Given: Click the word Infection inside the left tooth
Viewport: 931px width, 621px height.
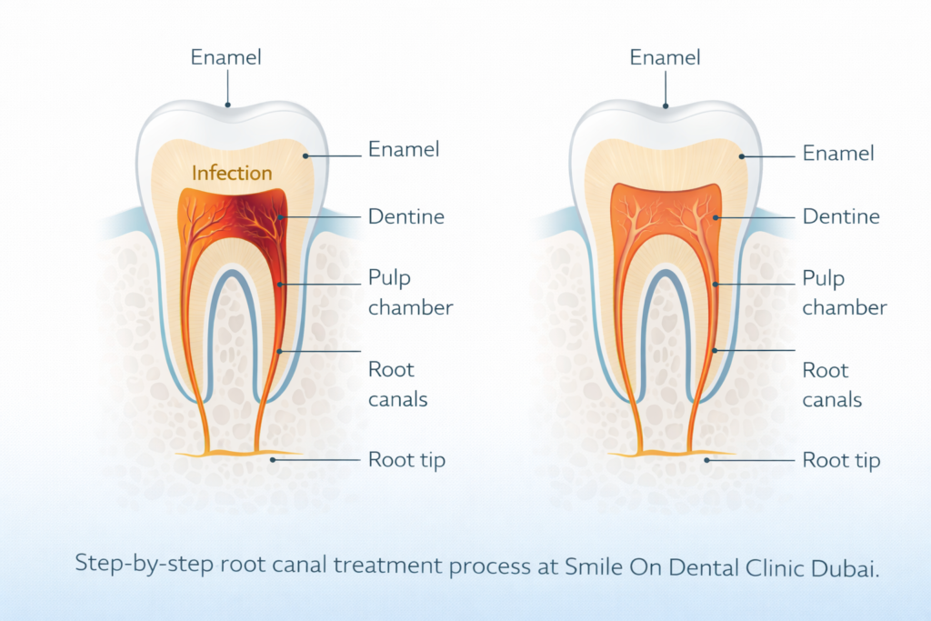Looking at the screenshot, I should point(232,172).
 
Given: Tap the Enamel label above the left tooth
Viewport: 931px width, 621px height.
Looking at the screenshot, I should point(226,57).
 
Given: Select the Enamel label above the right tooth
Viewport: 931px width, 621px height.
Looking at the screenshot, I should point(666,57).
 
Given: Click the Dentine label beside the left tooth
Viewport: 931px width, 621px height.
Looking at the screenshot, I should point(406,216).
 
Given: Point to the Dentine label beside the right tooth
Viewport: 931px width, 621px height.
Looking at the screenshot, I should point(841,216).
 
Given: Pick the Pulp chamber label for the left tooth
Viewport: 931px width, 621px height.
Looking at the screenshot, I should point(410,293).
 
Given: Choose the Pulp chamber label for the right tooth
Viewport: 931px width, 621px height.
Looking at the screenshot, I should point(844,293).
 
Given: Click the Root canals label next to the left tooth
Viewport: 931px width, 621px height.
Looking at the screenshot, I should point(397,385).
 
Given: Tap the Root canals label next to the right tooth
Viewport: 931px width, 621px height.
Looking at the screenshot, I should point(832,385).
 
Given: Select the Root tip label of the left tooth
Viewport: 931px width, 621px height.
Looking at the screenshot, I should point(406,459).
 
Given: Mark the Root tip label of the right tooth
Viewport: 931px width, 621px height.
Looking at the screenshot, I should point(841,459).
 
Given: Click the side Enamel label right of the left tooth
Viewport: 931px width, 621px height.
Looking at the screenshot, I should point(404,149).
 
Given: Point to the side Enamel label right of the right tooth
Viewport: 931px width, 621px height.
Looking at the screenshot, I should point(838,154).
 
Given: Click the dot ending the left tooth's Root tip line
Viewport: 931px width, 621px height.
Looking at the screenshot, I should point(274,460).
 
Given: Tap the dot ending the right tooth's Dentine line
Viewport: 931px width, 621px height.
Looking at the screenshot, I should point(716,217).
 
